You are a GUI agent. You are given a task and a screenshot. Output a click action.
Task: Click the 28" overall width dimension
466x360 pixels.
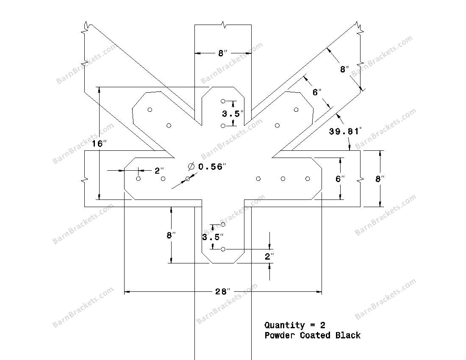coord(223,291)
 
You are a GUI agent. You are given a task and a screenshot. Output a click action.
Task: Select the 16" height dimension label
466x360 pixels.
coord(97,144)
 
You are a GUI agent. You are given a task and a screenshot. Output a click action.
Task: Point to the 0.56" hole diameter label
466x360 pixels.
coord(210,167)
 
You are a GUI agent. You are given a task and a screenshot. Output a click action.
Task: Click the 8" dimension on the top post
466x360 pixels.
coord(223,53)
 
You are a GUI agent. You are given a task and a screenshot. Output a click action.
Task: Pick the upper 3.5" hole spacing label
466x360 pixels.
coord(233,114)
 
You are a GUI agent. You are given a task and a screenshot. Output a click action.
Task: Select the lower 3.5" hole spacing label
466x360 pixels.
coord(212,237)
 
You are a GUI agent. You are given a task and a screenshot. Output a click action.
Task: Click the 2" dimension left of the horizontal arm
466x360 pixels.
coord(159,171)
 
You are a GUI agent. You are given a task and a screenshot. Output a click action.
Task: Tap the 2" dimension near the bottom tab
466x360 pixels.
coord(269,256)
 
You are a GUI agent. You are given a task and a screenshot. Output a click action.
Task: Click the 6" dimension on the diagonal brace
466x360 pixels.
coord(317,92)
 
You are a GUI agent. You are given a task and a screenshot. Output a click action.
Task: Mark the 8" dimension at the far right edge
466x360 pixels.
coord(380,179)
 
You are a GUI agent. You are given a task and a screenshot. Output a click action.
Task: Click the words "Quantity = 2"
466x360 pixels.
coord(295,325)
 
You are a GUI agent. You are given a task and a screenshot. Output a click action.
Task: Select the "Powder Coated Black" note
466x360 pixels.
coord(313,335)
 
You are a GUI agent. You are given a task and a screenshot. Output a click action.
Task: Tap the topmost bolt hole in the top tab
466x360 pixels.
coord(223,101)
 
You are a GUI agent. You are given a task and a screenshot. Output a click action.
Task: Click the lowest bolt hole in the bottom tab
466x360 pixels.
coord(223,249)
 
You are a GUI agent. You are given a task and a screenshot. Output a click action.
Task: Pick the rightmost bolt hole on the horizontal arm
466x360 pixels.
coord(308,179)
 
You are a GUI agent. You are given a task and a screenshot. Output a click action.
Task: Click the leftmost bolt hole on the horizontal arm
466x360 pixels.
coord(139,179)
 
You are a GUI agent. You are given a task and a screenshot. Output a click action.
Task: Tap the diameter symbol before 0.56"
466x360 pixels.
coord(191,166)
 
